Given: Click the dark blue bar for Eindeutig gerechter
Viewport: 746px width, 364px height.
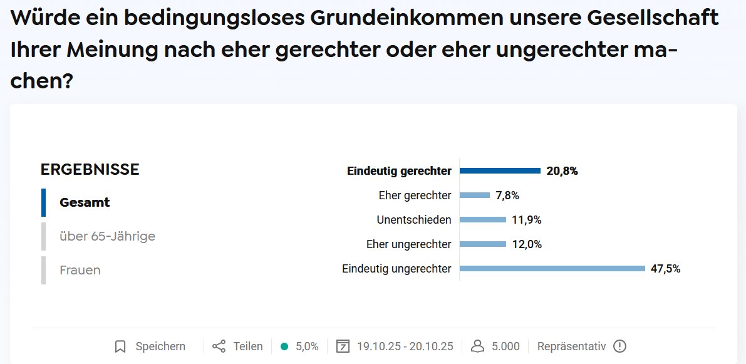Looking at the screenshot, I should pyautogui.click(x=500, y=170).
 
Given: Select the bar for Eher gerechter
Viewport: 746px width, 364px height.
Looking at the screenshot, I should pyautogui.click(x=475, y=195).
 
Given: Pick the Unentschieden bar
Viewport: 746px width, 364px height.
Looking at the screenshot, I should pyautogui.click(x=483, y=220).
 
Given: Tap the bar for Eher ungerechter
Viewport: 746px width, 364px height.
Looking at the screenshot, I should pyautogui.click(x=483, y=244).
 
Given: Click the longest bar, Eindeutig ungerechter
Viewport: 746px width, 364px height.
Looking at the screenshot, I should pyautogui.click(x=552, y=269).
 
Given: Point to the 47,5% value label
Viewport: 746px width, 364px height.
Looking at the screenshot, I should pyautogui.click(x=665, y=269).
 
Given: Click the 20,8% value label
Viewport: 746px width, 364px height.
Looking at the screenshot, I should pyautogui.click(x=562, y=171).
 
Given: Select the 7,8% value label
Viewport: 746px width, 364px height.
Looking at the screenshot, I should pyautogui.click(x=507, y=195).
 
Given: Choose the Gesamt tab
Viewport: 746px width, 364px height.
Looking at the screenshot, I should pyautogui.click(x=85, y=202).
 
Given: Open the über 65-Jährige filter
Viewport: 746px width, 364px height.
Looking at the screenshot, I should pyautogui.click(x=107, y=236).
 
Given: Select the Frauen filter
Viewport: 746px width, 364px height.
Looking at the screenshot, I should pyautogui.click(x=80, y=270).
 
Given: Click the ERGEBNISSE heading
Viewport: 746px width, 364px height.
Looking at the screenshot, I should pyautogui.click(x=90, y=169).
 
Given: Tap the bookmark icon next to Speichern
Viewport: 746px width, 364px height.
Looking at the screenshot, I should pyautogui.click(x=121, y=346).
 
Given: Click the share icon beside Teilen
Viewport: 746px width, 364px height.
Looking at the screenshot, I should pyautogui.click(x=219, y=346).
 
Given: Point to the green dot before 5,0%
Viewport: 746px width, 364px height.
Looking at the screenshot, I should pyautogui.click(x=284, y=346).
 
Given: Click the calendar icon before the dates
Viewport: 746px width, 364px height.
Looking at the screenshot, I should pyautogui.click(x=343, y=346).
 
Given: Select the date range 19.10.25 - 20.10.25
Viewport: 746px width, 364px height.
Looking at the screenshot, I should pyautogui.click(x=405, y=346).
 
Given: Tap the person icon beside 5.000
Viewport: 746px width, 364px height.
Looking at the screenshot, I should pyautogui.click(x=477, y=346).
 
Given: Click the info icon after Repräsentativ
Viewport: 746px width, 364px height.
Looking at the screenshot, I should pyautogui.click(x=619, y=346).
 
